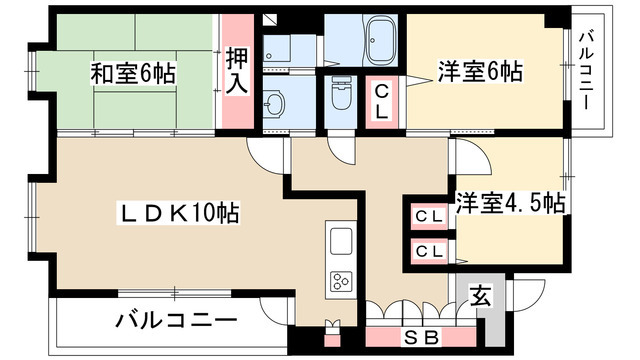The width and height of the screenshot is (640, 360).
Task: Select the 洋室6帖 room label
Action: (481, 72)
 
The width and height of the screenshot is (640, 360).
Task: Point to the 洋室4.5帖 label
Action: (511, 201)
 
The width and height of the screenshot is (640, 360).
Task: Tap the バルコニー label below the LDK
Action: (175, 321)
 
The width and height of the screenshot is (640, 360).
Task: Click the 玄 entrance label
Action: (481, 296)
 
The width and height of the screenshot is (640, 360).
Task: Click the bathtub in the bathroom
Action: (379, 39)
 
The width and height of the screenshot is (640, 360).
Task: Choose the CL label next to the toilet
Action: (382, 101)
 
